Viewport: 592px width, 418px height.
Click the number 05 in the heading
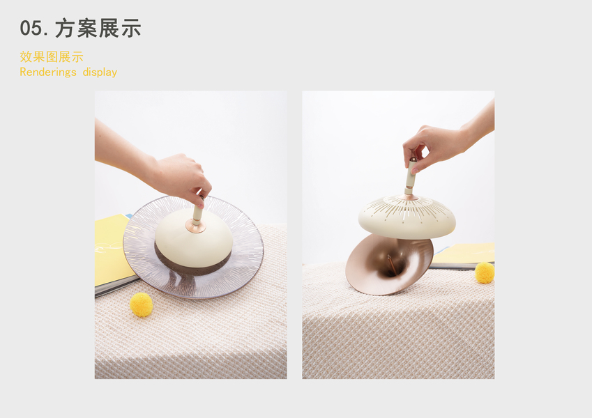(31, 29)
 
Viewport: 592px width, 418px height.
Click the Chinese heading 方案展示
(98, 29)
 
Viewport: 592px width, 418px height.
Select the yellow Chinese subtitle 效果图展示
(52, 57)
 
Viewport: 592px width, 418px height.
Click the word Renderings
(48, 72)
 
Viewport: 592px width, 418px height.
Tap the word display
(100, 72)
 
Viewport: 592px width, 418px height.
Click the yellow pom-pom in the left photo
(142, 304)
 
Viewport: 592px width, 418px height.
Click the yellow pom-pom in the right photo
(485, 273)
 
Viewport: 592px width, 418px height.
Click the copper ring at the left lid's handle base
(195, 226)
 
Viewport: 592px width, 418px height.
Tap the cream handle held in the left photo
(197, 212)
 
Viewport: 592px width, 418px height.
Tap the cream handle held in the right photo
(410, 176)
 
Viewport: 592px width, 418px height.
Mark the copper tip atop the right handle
(413, 160)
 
